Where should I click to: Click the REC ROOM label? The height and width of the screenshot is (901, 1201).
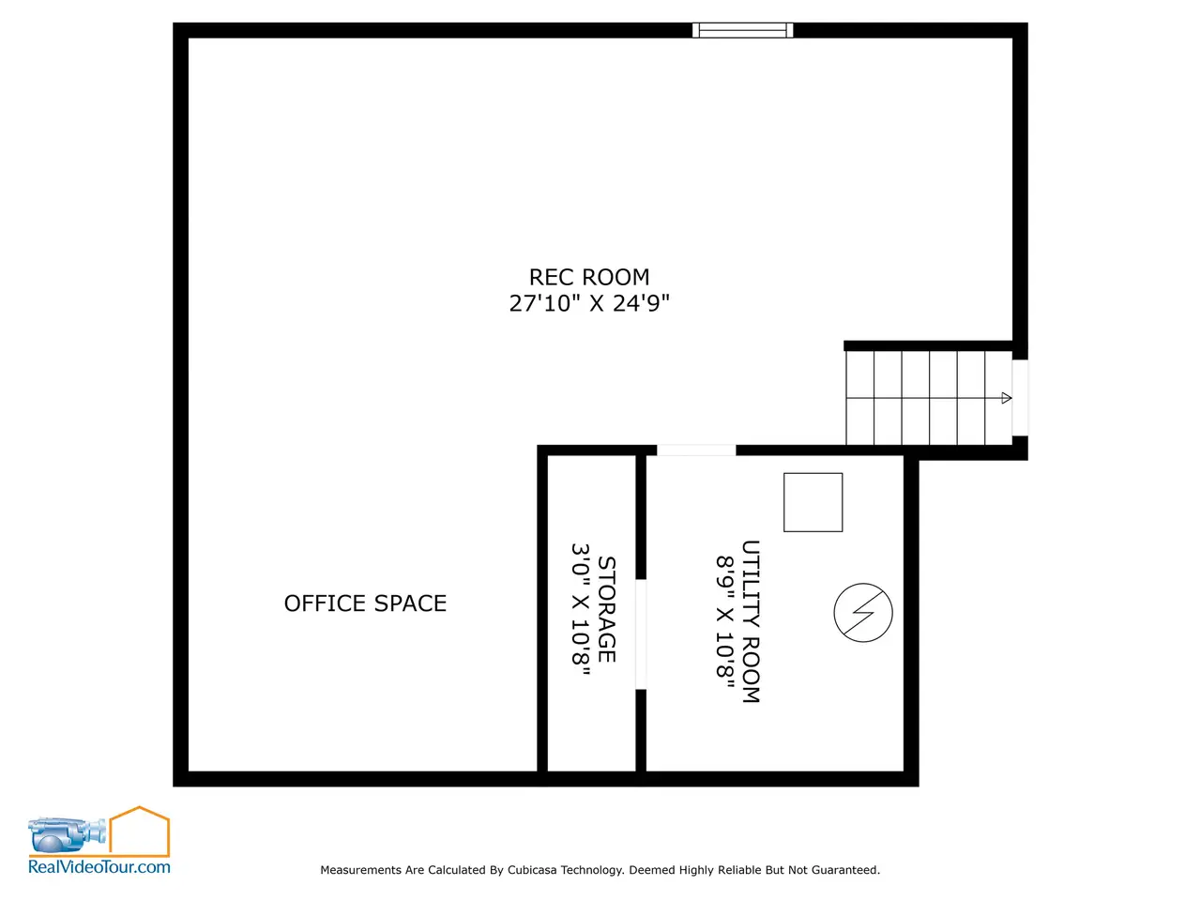[x=588, y=278]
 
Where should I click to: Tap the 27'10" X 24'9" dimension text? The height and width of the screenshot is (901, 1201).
[x=588, y=303]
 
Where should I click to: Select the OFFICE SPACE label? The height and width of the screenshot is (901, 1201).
[x=365, y=603]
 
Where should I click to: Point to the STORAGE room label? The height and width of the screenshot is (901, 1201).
[x=606, y=609]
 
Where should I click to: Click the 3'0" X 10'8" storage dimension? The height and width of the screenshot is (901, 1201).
[x=581, y=609]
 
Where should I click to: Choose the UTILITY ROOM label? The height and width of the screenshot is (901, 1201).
[x=751, y=621]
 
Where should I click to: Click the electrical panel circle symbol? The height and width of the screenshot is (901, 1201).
[x=863, y=613]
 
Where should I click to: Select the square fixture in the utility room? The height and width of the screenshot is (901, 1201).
[x=813, y=502]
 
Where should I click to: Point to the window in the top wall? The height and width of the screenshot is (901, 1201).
[x=742, y=30]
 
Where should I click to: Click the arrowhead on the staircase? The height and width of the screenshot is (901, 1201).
[x=1006, y=398]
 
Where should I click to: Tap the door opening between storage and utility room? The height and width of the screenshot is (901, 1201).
[x=641, y=634]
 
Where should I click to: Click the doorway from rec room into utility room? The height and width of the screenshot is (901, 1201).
[x=696, y=450]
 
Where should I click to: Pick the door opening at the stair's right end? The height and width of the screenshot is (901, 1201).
[x=1020, y=398]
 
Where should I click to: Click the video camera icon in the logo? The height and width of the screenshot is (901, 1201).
[x=67, y=834]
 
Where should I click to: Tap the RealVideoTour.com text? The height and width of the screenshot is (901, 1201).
[x=99, y=866]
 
